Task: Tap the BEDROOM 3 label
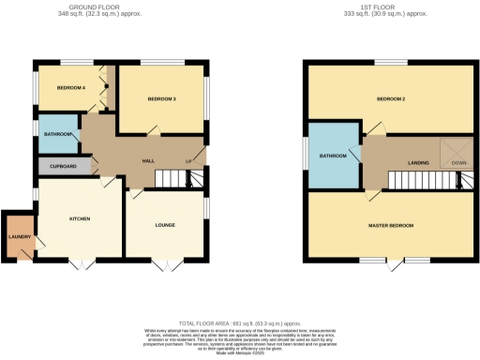click(x=160, y=98)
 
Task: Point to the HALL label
click(x=147, y=161)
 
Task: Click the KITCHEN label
click(x=80, y=218)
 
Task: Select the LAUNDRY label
click(x=19, y=236)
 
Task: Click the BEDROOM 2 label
click(x=389, y=98)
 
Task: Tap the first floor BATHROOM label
click(x=332, y=156)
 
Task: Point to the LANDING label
click(x=418, y=163)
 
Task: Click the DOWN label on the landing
click(x=458, y=163)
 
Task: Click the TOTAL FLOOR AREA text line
click(x=240, y=322)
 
